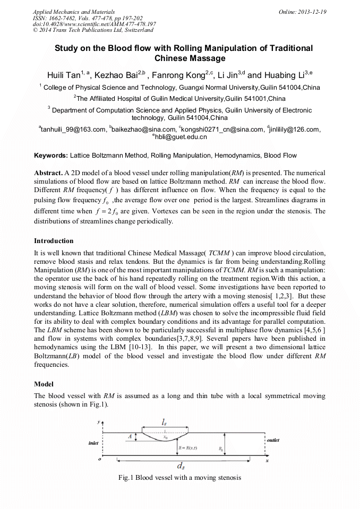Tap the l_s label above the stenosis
click(165, 422)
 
